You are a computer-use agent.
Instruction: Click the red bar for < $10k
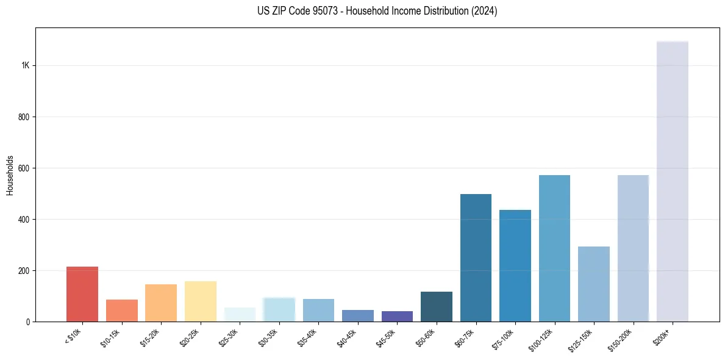tap(82, 294)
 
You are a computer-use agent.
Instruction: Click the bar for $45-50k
tap(397, 316)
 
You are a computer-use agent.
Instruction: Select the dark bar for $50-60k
tap(436, 306)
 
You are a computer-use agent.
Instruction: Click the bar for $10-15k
tap(121, 311)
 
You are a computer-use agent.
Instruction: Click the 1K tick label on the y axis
tap(25, 66)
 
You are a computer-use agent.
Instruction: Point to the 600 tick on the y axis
tap(24, 168)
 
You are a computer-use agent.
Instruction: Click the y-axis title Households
tap(10, 175)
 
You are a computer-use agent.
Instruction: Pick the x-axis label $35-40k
tap(307, 339)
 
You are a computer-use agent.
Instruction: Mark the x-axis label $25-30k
tap(229, 339)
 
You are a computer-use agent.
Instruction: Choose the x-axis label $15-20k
tap(150, 339)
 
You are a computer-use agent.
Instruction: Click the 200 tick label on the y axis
tap(24, 270)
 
